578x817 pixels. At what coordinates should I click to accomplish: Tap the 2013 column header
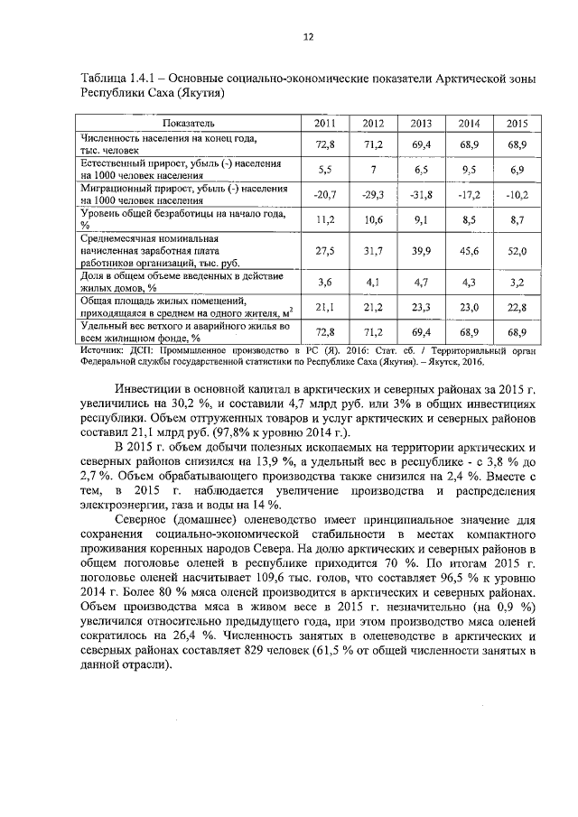pos(421,124)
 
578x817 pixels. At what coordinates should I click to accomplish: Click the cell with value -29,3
pos(373,194)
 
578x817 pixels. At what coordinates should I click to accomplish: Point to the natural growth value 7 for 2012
pos(373,169)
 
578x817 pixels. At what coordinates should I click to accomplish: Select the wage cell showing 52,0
pos(517,252)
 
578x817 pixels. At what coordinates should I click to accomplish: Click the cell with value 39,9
pos(421,252)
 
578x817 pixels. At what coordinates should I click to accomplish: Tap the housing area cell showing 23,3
pos(421,306)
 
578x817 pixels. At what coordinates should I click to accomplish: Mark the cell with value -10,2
pos(517,194)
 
